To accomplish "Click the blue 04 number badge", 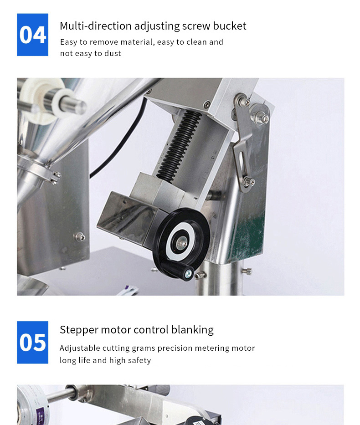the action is [32, 35].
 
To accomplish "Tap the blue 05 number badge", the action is [32, 343].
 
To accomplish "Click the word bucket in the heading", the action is [230, 26].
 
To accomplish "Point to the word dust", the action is [113, 53].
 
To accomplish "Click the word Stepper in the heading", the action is [79, 330].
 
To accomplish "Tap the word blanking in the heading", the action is [192, 330].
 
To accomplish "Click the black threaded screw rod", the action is [179, 146].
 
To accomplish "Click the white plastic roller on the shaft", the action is [41, 100].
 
